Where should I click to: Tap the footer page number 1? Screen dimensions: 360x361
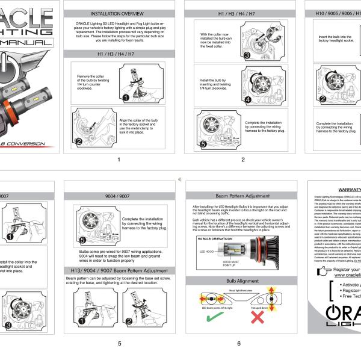119,160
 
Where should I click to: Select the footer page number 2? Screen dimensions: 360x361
242,160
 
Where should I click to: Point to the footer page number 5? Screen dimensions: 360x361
119,344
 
